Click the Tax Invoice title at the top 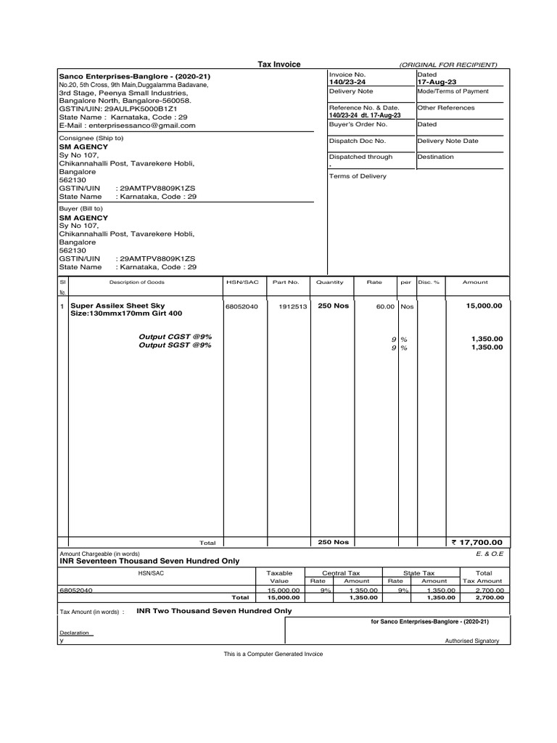pyautogui.click(x=279, y=65)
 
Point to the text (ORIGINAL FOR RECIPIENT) pyautogui.click(x=447, y=65)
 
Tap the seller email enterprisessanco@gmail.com pyautogui.click(x=127, y=125)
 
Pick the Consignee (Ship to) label pyautogui.click(x=91, y=138)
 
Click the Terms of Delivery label pyautogui.click(x=358, y=176)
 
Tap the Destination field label pyautogui.click(x=435, y=157)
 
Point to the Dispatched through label pyautogui.click(x=360, y=157)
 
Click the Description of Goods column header pyautogui.click(x=136, y=282)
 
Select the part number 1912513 pyautogui.click(x=293, y=307)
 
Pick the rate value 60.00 pyautogui.click(x=384, y=307)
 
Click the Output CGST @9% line pyautogui.click(x=175, y=337)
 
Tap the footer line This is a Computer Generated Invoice pyautogui.click(x=273, y=654)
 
